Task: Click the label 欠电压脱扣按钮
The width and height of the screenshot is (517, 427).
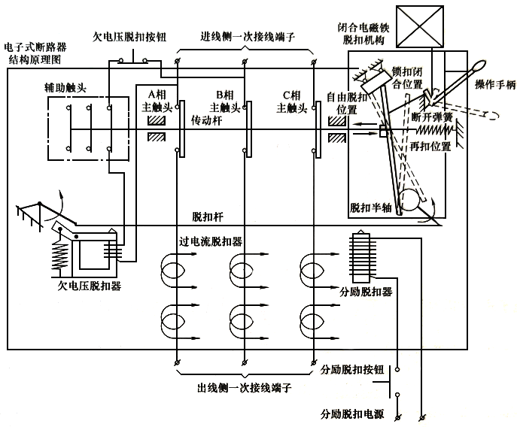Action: pyautogui.click(x=128, y=35)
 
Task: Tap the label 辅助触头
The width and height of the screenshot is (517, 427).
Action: pyautogui.click(x=65, y=88)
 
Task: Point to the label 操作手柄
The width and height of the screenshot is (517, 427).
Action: pyautogui.click(x=494, y=86)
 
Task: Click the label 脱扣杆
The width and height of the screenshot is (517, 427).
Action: pyautogui.click(x=207, y=217)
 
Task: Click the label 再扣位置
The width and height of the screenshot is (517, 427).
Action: pyautogui.click(x=433, y=146)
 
